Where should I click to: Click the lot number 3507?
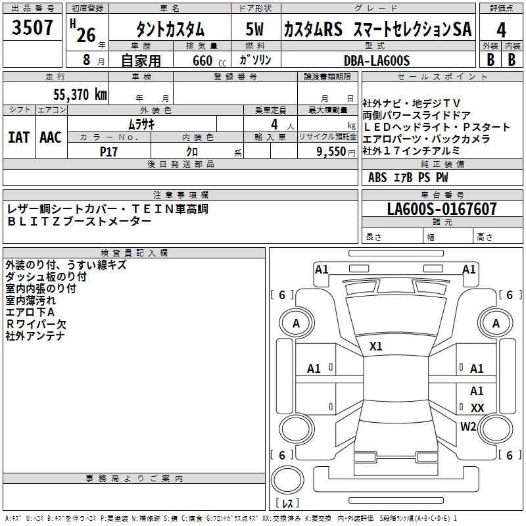32,28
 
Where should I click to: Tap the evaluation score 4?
502,30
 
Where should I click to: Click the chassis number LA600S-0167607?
442,210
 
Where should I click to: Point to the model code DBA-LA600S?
376,60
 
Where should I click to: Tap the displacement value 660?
202,60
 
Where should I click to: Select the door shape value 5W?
256,30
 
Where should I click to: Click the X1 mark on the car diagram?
376,346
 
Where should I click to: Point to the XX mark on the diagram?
477,408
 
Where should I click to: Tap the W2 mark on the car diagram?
468,426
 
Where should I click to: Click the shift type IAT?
18,137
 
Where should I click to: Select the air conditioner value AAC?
51,137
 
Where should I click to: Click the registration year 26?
85,35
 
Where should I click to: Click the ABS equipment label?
377,177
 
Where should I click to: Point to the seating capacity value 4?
273,124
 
